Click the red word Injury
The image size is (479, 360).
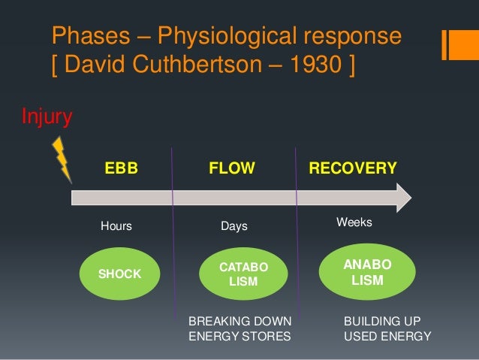[x=47, y=116]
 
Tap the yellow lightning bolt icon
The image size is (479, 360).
[x=61, y=159]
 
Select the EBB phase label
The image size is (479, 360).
[x=121, y=168]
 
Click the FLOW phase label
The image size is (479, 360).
[x=232, y=168]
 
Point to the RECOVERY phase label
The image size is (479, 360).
[x=353, y=168]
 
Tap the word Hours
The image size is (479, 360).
[x=116, y=226]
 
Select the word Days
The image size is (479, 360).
[x=233, y=226]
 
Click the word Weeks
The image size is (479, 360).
[x=354, y=223]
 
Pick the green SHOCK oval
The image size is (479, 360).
[x=120, y=274]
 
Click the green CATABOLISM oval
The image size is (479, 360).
[x=243, y=274]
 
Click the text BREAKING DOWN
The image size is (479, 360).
[x=239, y=321]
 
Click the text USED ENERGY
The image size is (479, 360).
[x=387, y=337]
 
